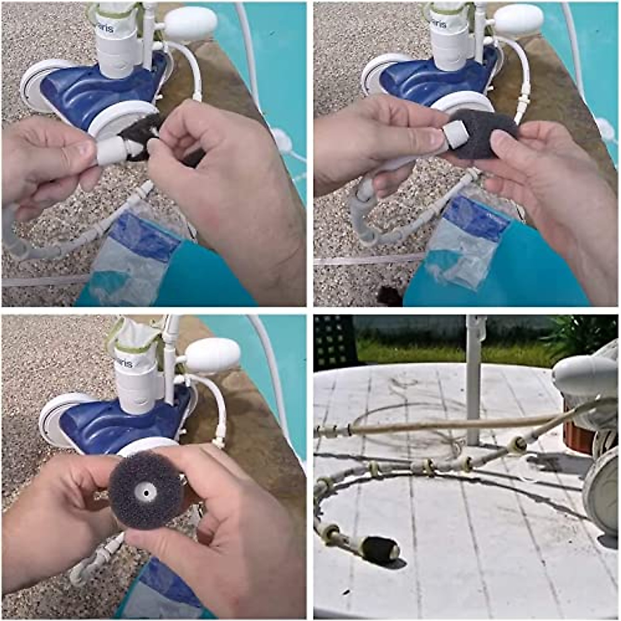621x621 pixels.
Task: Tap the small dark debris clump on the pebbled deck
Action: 389,295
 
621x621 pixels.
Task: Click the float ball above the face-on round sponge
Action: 213,356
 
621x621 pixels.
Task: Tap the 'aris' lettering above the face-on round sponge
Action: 125,362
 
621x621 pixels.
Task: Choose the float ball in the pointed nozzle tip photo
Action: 191,24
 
